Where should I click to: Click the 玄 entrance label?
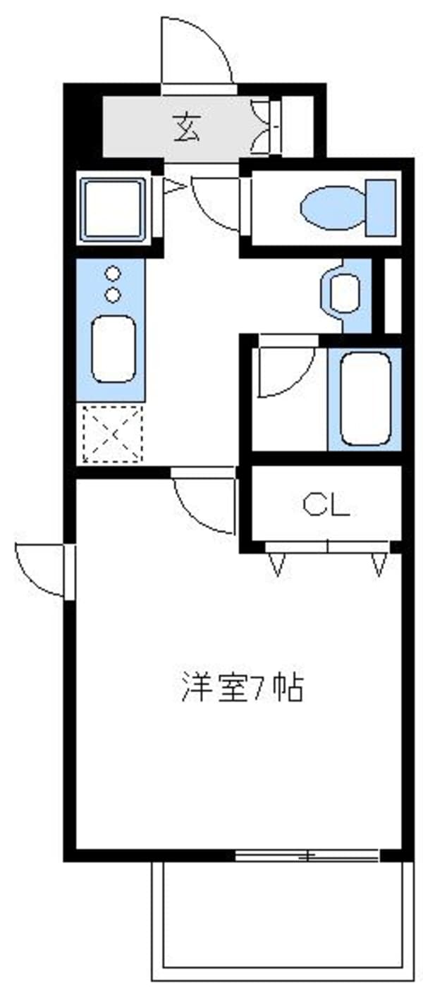[x=187, y=128]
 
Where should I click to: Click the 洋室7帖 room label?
[x=243, y=688]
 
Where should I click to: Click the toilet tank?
[x=380, y=207]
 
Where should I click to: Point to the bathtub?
[x=365, y=398]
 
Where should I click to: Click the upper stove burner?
[x=114, y=273]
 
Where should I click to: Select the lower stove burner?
[x=114, y=294]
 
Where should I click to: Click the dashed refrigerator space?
[x=114, y=434]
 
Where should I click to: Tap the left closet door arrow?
[x=278, y=565]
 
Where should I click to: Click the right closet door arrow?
[x=379, y=565]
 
